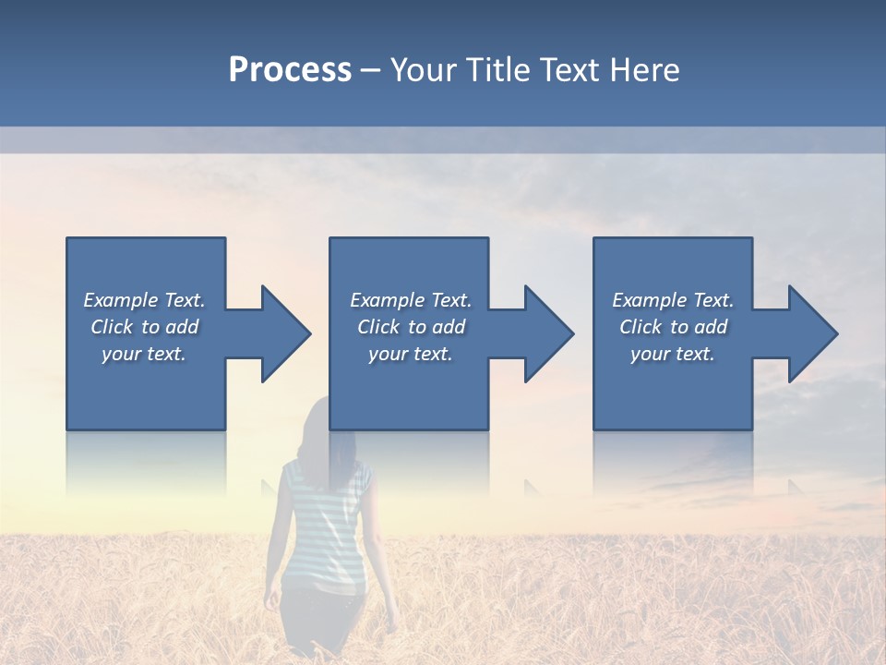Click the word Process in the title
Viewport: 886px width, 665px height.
point(290,70)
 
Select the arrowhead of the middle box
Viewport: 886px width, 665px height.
point(546,333)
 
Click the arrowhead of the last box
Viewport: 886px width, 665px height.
point(810,333)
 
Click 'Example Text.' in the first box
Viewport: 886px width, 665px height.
point(145,300)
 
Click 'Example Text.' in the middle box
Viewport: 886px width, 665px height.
point(411,300)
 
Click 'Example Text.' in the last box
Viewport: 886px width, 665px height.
point(673,300)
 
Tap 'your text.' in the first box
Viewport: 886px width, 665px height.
point(144,354)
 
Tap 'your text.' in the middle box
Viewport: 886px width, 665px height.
point(411,354)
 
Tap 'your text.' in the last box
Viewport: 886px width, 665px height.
point(673,354)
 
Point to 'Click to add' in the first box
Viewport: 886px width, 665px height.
point(145,327)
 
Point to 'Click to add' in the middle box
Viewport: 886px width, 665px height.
point(411,327)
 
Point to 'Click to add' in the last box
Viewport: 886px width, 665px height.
point(673,327)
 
